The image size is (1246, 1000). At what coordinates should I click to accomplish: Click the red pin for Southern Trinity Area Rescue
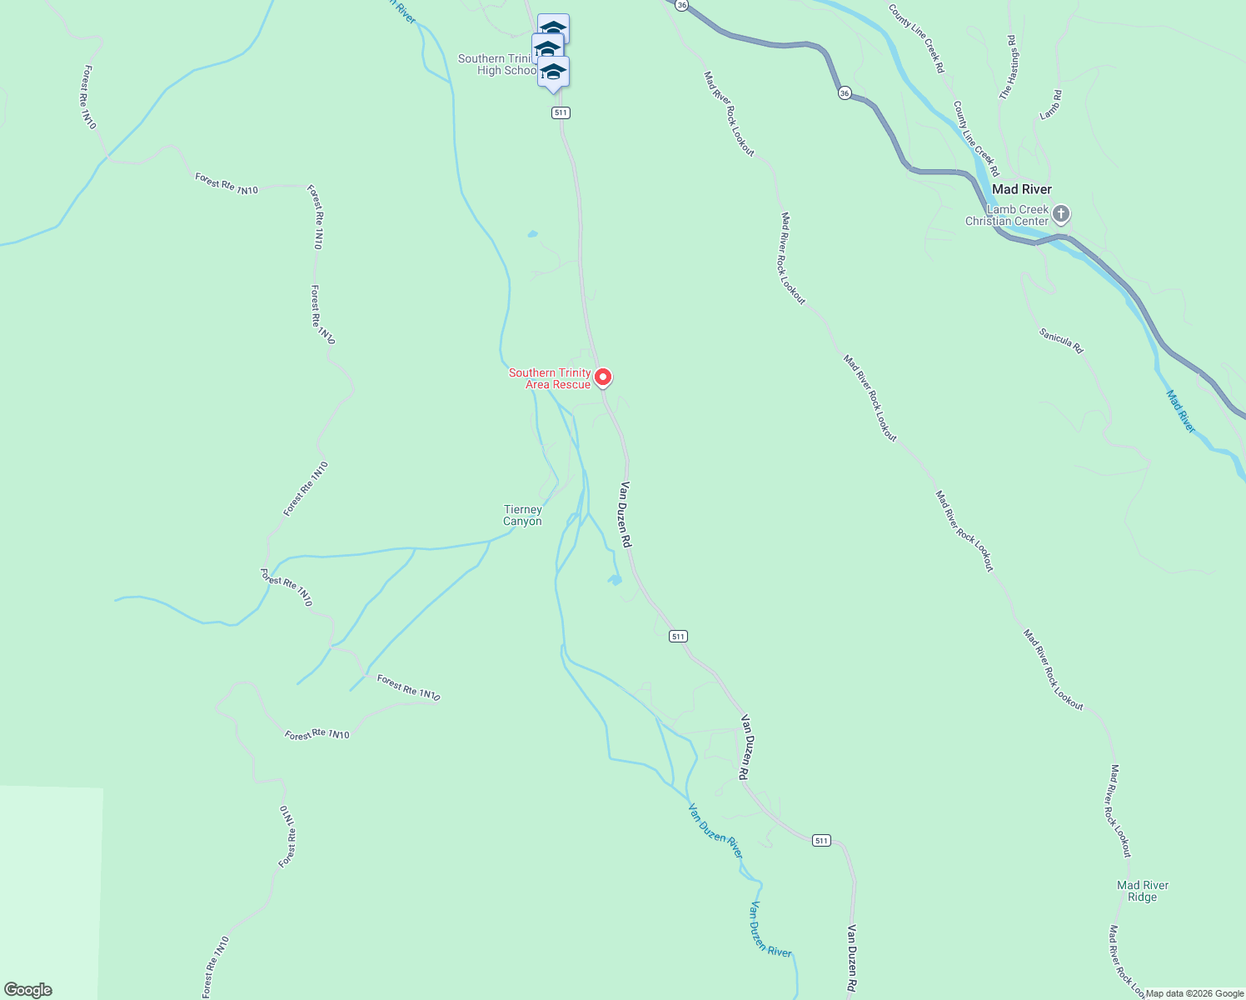pyautogui.click(x=604, y=377)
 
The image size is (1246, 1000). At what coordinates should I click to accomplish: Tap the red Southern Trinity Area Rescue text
pyautogui.click(x=551, y=378)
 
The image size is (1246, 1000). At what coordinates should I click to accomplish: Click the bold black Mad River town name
pyautogui.click(x=1021, y=189)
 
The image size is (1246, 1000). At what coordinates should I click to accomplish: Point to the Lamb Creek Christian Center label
pyautogui.click(x=1007, y=215)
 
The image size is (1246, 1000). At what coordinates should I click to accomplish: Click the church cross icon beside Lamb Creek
pyautogui.click(x=1061, y=215)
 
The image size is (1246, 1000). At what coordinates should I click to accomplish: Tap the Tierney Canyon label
pyautogui.click(x=522, y=515)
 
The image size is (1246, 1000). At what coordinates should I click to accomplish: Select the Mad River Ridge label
pyautogui.click(x=1143, y=891)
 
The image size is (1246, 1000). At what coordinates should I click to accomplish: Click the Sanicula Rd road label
pyautogui.click(x=1061, y=340)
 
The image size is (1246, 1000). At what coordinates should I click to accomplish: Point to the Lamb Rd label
pyautogui.click(x=1050, y=105)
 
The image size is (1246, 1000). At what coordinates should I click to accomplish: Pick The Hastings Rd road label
pyautogui.click(x=1008, y=68)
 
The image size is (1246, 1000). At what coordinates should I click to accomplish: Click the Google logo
pyautogui.click(x=27, y=990)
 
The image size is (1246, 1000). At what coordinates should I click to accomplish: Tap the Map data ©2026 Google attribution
pyautogui.click(x=1194, y=993)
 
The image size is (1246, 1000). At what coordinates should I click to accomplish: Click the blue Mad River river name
pyautogui.click(x=1180, y=411)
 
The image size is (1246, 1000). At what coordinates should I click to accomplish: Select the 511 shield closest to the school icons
pyautogui.click(x=561, y=112)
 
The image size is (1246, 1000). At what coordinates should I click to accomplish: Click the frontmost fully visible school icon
pyautogui.click(x=553, y=72)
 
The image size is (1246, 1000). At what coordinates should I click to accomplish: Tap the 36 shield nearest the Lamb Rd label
pyautogui.click(x=845, y=93)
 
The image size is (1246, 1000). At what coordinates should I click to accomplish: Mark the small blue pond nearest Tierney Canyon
pyautogui.click(x=615, y=580)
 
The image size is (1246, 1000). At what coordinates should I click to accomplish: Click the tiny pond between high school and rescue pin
pyautogui.click(x=532, y=234)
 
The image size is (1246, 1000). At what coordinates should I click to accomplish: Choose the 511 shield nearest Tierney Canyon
pyautogui.click(x=678, y=637)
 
